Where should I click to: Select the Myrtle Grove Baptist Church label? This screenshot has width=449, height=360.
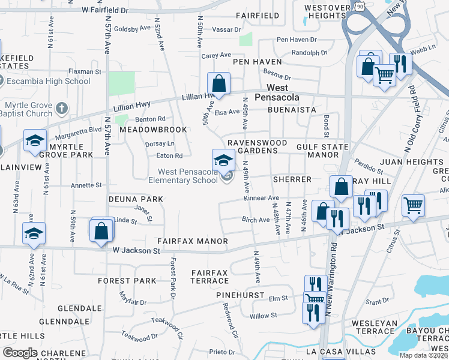click(26, 108)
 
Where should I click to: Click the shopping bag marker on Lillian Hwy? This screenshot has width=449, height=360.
click(219, 84)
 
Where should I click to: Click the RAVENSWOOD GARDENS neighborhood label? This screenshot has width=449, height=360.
click(252, 146)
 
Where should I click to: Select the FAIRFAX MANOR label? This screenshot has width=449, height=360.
click(192, 241)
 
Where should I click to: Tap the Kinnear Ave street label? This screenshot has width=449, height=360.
click(261, 198)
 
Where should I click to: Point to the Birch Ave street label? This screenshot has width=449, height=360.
click(256, 220)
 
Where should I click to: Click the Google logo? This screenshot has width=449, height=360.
click(20, 353)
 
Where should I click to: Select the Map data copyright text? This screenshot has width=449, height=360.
click(423, 355)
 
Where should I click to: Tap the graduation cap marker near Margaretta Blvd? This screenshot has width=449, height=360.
click(35, 141)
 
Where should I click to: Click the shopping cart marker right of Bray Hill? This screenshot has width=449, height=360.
click(413, 205)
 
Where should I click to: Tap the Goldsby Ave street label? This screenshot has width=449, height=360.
click(131, 28)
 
